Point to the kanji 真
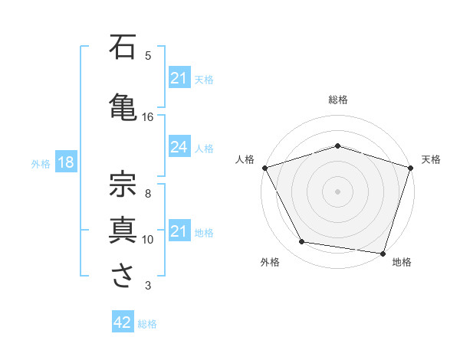pyautogui.click(x=123, y=229)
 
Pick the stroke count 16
pyautogui.click(x=148, y=117)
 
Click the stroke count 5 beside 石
pyautogui.click(x=148, y=56)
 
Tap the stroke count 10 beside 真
pyautogui.click(x=148, y=240)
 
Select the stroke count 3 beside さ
pyautogui.click(x=148, y=286)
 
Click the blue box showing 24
pyautogui.click(x=179, y=148)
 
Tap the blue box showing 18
pyautogui.click(x=65, y=162)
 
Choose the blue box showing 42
pyautogui.click(x=123, y=322)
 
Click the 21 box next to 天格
pyautogui.click(x=179, y=78)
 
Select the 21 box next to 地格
pyautogui.click(x=179, y=232)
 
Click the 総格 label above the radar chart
pyautogui.click(x=338, y=100)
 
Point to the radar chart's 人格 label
pyautogui.click(x=245, y=159)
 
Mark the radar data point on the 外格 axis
pyautogui.click(x=302, y=242)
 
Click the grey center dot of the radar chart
pyautogui.click(x=338, y=191)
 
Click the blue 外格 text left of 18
pyautogui.click(x=40, y=163)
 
